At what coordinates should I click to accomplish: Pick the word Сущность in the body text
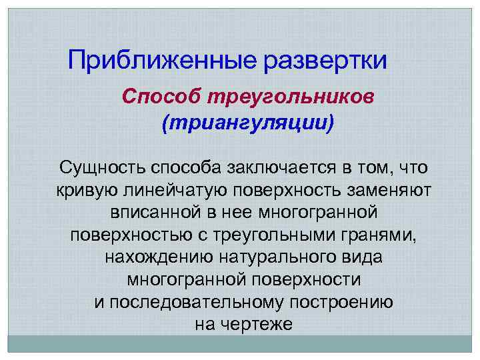pos(101,167)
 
